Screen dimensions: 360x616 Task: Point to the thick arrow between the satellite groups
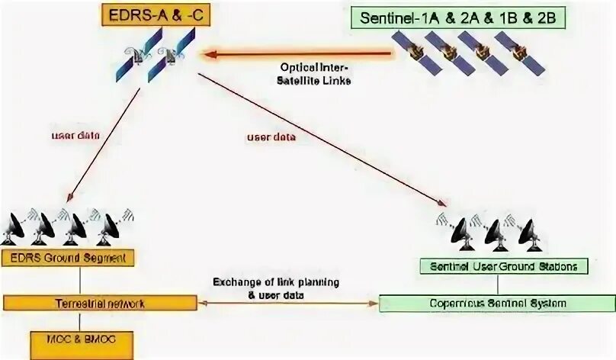[297, 53]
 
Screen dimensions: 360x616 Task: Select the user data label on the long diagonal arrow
[271, 137]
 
